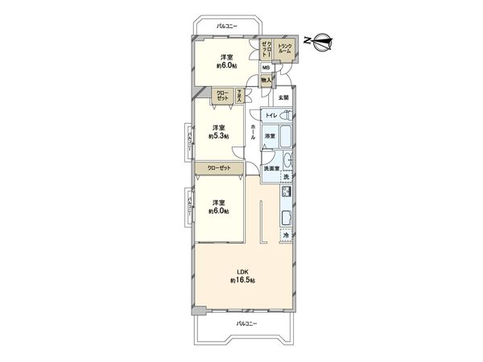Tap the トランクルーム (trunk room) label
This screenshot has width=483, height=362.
285,49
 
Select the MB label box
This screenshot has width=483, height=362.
266,68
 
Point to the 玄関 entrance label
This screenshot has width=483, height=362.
283,98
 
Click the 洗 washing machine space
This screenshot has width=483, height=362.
286,177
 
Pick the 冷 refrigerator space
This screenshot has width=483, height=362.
285,236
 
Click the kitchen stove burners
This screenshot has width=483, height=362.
286,193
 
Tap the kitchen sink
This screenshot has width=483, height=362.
286,216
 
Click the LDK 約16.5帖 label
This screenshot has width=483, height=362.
242,275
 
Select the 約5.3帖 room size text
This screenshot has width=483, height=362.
218,137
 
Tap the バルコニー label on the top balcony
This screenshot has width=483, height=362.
229,26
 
